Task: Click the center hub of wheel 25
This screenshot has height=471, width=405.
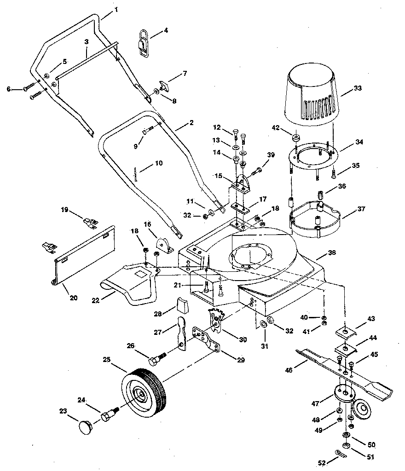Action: (x=138, y=394)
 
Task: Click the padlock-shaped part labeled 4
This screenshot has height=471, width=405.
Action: (x=143, y=42)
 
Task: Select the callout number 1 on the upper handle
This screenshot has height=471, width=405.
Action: (x=116, y=9)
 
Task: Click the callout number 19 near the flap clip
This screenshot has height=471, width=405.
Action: (x=64, y=210)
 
